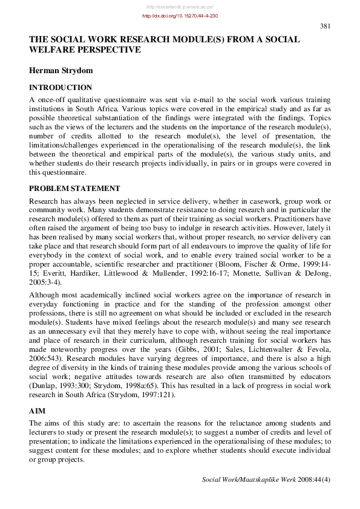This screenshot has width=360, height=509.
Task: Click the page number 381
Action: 325,26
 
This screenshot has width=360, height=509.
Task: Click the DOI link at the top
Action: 180,16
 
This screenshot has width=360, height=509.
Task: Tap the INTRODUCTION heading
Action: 61,88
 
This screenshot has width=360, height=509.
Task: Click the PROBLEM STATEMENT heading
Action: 74,188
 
